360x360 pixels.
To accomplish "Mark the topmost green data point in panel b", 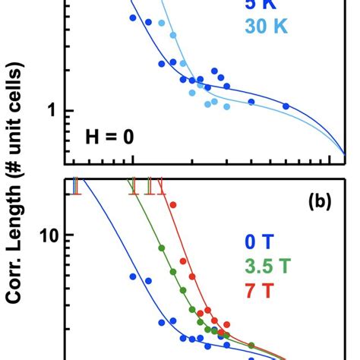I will [x=161, y=248].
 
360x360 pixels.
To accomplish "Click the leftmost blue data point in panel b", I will [x=133, y=276].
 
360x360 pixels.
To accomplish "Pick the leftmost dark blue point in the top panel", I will [x=133, y=17].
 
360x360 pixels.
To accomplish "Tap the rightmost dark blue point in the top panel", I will [x=286, y=106].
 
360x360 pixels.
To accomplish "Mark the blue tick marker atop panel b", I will [x=76, y=185].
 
